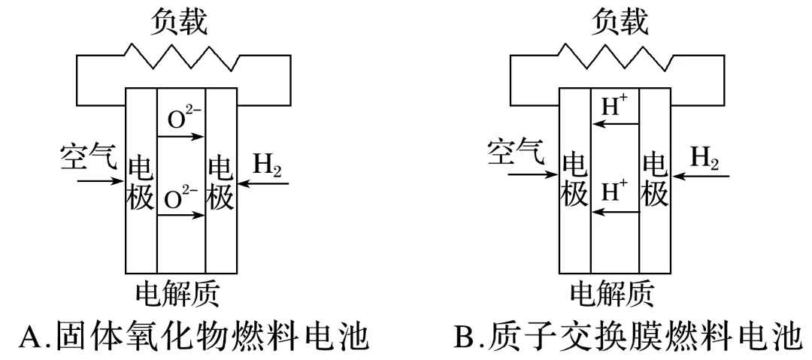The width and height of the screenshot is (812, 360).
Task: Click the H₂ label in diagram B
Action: (704, 157)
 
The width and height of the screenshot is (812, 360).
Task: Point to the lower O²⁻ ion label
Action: (180, 199)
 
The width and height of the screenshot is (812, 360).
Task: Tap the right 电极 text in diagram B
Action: (654, 180)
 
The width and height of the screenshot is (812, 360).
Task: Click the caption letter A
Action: (30, 336)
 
